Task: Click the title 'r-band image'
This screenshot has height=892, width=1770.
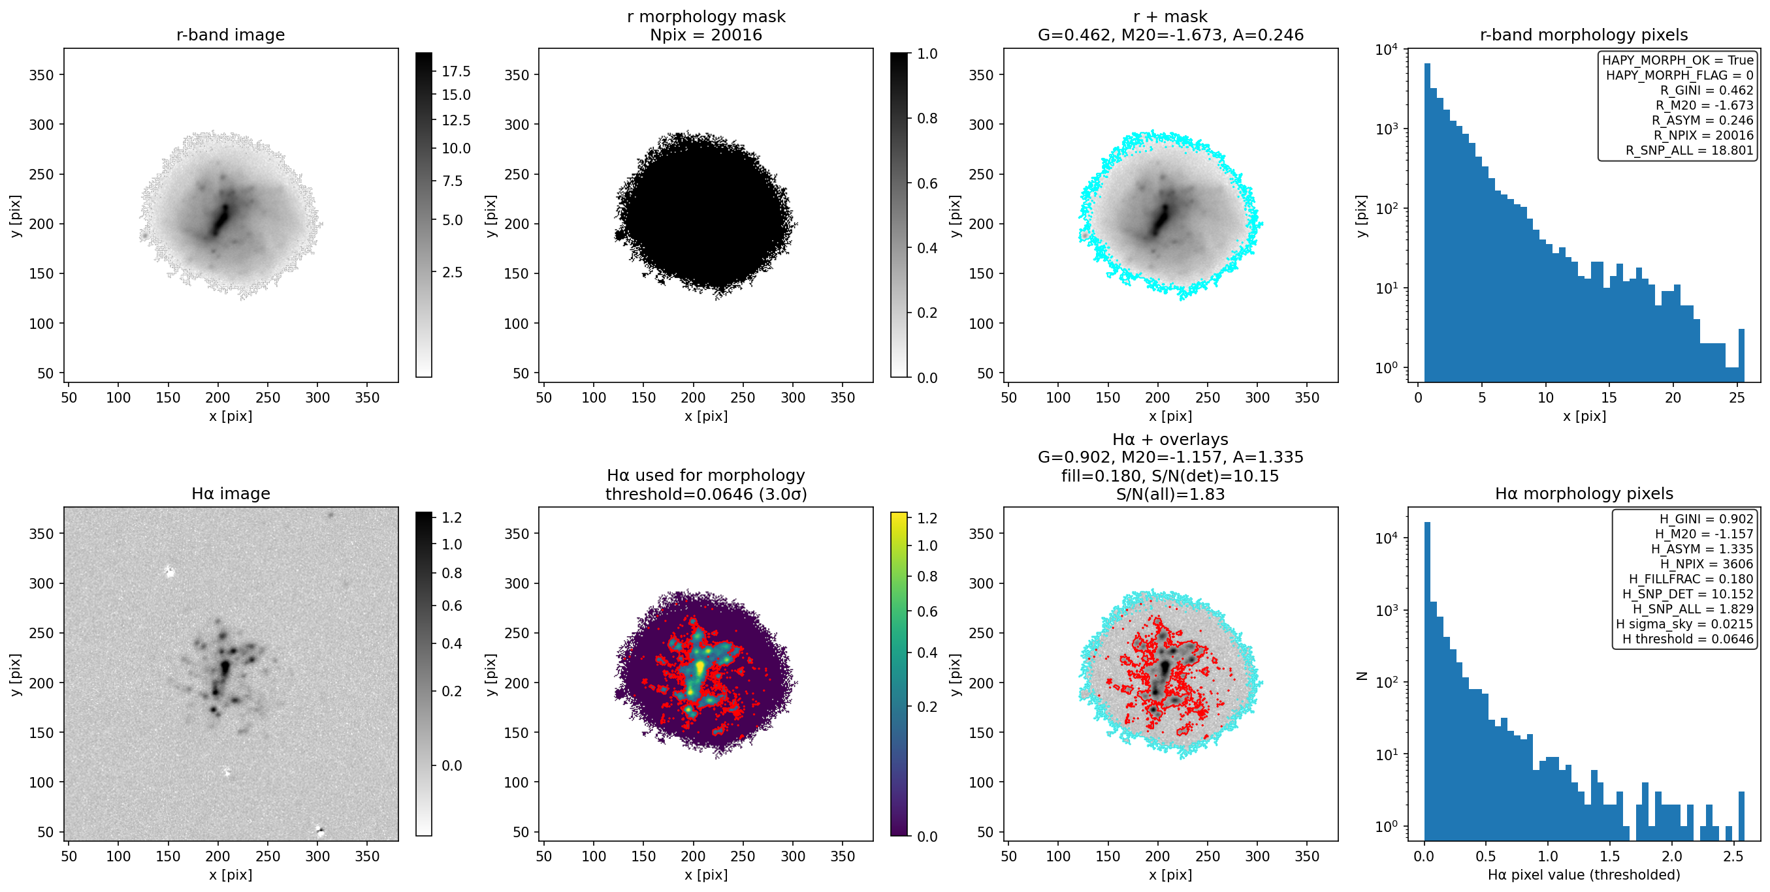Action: click(x=230, y=35)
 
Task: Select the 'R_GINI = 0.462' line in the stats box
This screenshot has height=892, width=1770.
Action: click(x=1707, y=90)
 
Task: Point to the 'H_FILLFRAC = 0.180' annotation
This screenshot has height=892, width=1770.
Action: click(x=1691, y=579)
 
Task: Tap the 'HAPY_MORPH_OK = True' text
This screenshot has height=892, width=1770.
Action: click(x=1678, y=60)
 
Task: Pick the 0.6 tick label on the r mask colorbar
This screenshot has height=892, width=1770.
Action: click(x=927, y=183)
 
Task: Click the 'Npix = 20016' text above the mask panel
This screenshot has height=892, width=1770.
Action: click(x=705, y=35)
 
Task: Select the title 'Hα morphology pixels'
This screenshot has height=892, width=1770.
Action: click(x=1584, y=493)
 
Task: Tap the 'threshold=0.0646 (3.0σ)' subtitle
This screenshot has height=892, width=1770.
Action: click(x=705, y=494)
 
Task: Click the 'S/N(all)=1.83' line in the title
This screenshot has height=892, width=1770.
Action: click(x=1170, y=494)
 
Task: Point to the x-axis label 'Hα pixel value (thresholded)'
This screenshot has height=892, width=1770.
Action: click(x=1584, y=874)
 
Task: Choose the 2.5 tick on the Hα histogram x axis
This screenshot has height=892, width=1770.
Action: click(x=1733, y=855)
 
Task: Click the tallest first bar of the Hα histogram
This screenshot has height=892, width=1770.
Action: click(x=1427, y=681)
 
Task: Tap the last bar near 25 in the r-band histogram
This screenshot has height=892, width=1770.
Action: click(x=1741, y=355)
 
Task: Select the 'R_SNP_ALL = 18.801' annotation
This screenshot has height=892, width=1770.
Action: click(x=1690, y=150)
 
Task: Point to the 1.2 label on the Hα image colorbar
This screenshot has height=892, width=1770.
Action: click(x=451, y=517)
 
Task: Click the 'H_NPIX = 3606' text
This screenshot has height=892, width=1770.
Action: click(x=1707, y=564)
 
